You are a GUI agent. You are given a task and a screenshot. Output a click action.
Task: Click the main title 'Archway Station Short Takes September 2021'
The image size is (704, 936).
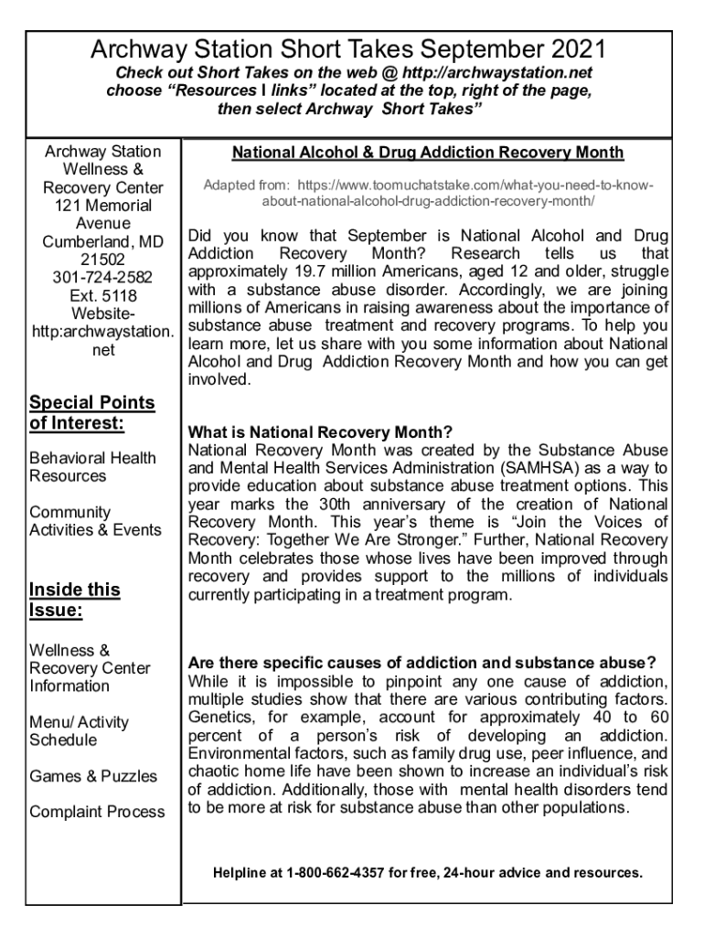tap(347, 49)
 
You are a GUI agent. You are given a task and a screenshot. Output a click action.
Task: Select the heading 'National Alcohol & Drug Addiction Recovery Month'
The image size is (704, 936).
tap(428, 153)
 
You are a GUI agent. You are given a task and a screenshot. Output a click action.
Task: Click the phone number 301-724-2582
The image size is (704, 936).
tap(102, 277)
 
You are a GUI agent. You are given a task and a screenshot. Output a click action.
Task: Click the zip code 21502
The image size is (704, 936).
tap(102, 260)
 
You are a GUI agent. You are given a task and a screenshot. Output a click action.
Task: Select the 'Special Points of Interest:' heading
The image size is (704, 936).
tap(91, 413)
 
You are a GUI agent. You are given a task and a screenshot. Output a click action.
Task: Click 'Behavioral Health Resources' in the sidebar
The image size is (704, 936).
tap(92, 467)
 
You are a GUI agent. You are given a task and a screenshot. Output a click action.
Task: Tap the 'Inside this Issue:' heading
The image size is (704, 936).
tap(74, 600)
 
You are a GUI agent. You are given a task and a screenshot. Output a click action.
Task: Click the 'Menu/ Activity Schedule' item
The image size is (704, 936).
tap(79, 731)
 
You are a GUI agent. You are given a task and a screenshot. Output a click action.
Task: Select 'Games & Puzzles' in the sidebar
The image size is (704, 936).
tap(93, 776)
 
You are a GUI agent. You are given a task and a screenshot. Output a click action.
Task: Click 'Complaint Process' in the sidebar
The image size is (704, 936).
tap(97, 812)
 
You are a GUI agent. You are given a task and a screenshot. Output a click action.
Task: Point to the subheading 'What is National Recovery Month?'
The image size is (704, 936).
tap(320, 432)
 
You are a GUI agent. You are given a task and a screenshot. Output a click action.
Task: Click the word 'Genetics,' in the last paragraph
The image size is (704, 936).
tap(219, 718)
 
